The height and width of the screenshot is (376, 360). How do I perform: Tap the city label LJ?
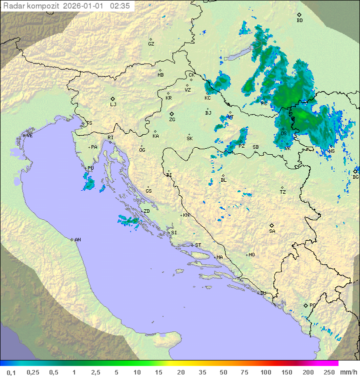click(x=113, y=104)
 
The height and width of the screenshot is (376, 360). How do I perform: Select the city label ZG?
click(x=172, y=120)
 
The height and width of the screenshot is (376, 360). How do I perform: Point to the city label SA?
click(x=272, y=231)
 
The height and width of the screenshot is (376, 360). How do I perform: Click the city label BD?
click(x=299, y=21)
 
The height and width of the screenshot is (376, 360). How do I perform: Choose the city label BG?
click(x=355, y=177)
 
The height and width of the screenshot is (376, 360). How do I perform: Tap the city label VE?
click(x=29, y=136)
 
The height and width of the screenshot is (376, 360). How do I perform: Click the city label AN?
click(x=77, y=240)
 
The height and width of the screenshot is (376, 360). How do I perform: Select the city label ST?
click(x=198, y=245)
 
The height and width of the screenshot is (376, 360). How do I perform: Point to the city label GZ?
click(x=151, y=44)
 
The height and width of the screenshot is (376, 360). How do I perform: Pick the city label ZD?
click(x=146, y=211)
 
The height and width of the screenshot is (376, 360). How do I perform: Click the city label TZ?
click(x=283, y=192)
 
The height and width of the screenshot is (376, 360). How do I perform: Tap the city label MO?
click(x=251, y=255)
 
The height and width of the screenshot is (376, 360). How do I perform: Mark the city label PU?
click(x=90, y=168)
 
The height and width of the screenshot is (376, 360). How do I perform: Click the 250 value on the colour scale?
click(x=328, y=372)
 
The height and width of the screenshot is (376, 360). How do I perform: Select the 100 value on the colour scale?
click(x=265, y=372)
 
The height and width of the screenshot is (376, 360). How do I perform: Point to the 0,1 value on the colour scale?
click(x=11, y=372)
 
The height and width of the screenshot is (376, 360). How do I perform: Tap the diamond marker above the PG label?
click(x=305, y=305)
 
